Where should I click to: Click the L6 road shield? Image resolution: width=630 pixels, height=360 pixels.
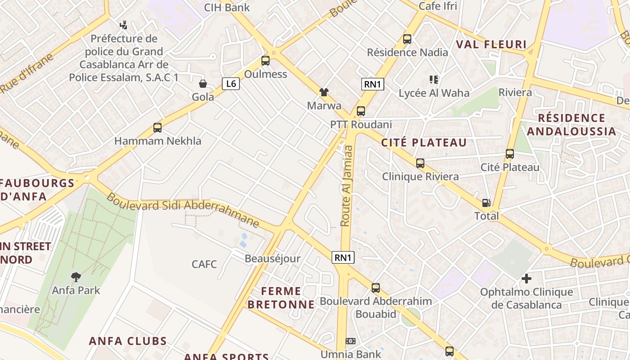pyautogui.click(x=230, y=83)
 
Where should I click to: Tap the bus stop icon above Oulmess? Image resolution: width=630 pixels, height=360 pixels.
pyautogui.click(x=265, y=60)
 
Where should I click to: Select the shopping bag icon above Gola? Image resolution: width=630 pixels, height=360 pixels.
pyautogui.click(x=203, y=84)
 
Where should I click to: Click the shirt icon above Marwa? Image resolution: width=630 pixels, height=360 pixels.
pyautogui.click(x=324, y=92)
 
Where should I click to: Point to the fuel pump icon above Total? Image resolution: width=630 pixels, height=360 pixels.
pyautogui.click(x=486, y=203)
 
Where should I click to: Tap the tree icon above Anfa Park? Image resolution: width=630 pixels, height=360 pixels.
pyautogui.click(x=76, y=277)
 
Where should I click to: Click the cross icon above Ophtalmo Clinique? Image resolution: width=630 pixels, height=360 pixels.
pyautogui.click(x=526, y=279)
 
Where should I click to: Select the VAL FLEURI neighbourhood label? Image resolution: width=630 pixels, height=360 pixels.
pyautogui.click(x=491, y=44)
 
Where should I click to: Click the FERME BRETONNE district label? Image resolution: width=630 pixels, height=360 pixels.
pyautogui.click(x=281, y=297)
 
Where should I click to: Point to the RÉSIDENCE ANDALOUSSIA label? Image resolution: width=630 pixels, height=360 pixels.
pyautogui.click(x=571, y=125)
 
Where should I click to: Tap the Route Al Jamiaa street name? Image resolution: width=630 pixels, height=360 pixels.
pyautogui.click(x=346, y=185)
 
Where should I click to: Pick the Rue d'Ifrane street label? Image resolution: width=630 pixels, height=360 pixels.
pyautogui.click(x=27, y=73)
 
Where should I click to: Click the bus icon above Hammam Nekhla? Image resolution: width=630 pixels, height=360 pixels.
pyautogui.click(x=157, y=128)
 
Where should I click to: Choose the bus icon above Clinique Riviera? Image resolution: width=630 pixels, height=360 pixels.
pyautogui.click(x=420, y=163)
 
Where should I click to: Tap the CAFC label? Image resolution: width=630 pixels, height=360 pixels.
pyautogui.click(x=204, y=264)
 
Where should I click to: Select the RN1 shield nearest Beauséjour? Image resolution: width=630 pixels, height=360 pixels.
pyautogui.click(x=343, y=257)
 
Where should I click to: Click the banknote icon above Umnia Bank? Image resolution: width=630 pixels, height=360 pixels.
pyautogui.click(x=351, y=341)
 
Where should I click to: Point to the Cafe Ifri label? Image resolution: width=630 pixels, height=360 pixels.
pyautogui.click(x=438, y=6)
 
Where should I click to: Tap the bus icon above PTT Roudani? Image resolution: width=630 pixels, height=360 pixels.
pyautogui.click(x=361, y=111)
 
